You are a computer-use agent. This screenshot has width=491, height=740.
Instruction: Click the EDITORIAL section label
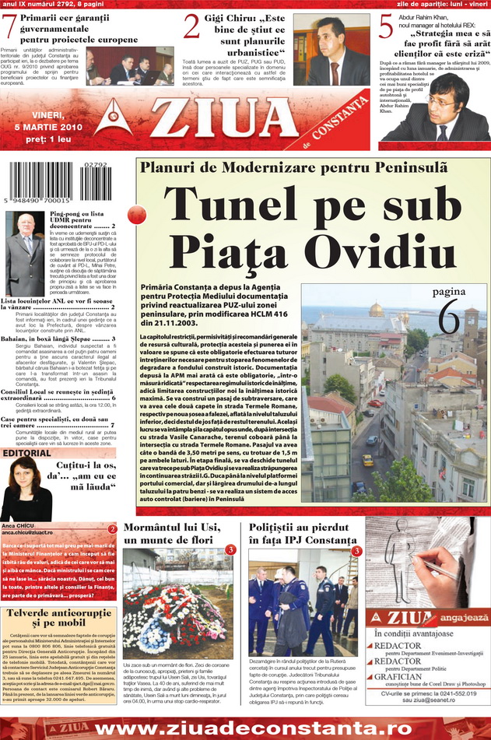coord(27,453)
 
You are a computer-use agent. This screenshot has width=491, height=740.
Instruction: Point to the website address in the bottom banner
coord(245,728)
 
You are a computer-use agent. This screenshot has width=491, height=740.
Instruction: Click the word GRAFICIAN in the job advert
coord(399,676)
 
